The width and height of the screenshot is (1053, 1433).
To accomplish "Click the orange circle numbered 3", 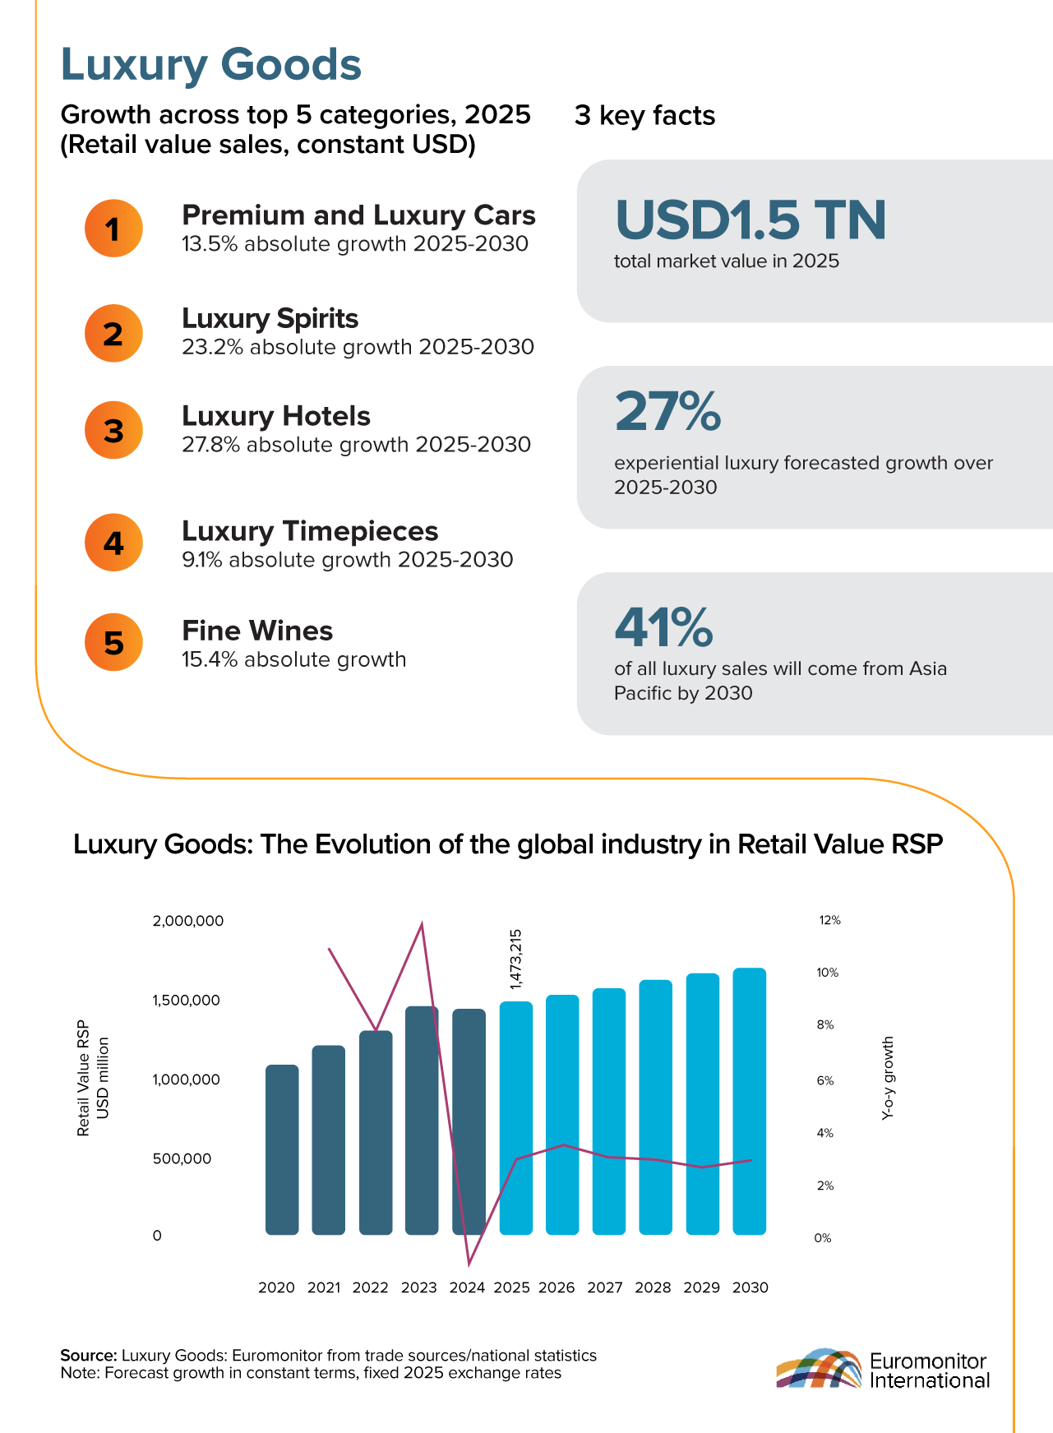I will pos(113,430).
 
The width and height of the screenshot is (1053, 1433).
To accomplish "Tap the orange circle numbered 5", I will pos(113,642).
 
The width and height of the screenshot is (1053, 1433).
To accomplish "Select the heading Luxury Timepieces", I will pos(310,531).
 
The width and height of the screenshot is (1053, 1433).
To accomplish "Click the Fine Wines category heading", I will pos(257,631).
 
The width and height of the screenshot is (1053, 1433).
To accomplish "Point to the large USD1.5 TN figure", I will pos(750,220).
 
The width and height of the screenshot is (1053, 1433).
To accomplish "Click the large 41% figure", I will pos(663,627).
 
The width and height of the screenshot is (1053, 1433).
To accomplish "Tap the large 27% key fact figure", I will pos(667,412).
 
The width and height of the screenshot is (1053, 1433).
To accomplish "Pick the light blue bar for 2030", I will pos(750,1101).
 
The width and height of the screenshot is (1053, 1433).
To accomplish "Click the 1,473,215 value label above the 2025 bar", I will pos(516,959).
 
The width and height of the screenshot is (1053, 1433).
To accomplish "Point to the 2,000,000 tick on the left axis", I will pos(188,921).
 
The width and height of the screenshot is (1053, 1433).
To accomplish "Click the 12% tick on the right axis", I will pos(829,921).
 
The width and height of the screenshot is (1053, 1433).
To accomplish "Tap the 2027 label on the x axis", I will pos(605,1287).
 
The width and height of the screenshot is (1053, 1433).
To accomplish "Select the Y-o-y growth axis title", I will pos(888,1078).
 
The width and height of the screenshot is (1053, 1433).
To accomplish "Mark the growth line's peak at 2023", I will pos(422,924).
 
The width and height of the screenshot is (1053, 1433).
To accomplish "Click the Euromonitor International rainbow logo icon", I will pos(819,1369).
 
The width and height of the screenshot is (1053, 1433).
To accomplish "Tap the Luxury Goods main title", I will pos(211,65).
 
